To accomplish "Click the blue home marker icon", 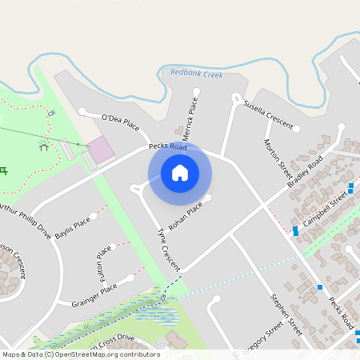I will pos(179,172).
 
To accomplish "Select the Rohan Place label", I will pos(186,215).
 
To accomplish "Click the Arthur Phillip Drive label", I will pos(24,220).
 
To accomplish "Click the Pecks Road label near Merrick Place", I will pos(167,147).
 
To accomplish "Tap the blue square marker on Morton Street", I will pos(295,230).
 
